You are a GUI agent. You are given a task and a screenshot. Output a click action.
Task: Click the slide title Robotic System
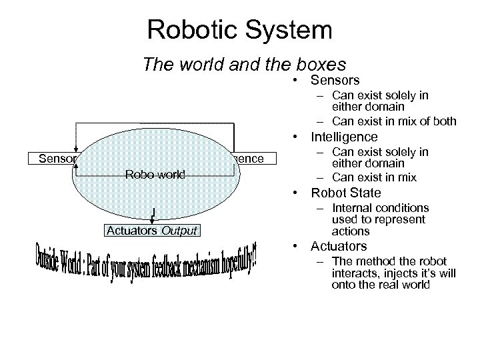(240, 29)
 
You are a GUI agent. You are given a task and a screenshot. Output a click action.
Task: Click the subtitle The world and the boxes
(244, 65)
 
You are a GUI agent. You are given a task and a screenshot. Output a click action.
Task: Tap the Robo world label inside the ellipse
(155, 175)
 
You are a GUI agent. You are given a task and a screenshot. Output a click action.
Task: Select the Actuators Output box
(153, 231)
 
